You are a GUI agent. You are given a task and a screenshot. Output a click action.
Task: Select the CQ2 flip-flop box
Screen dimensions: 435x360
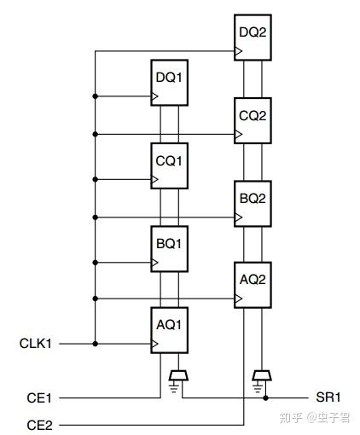[x=253, y=119]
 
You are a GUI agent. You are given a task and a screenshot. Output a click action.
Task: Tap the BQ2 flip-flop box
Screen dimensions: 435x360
[x=253, y=202]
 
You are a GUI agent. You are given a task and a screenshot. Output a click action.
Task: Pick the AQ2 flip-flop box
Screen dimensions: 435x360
[x=253, y=285]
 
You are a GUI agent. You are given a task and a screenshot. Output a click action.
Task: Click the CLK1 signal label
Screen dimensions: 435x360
[x=36, y=345]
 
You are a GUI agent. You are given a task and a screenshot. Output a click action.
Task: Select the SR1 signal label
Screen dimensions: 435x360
[x=327, y=398]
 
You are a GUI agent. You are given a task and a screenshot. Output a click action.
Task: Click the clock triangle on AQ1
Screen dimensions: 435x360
[x=155, y=345]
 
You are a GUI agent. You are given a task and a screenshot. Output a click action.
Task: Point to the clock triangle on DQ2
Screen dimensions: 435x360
[x=239, y=52]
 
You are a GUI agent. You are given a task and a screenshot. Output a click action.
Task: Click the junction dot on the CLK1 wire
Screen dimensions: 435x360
[x=96, y=345]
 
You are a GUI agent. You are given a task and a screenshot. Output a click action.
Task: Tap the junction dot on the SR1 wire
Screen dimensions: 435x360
[x=266, y=398]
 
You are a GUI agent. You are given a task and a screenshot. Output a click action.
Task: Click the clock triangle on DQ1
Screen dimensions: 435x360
[x=155, y=96]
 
